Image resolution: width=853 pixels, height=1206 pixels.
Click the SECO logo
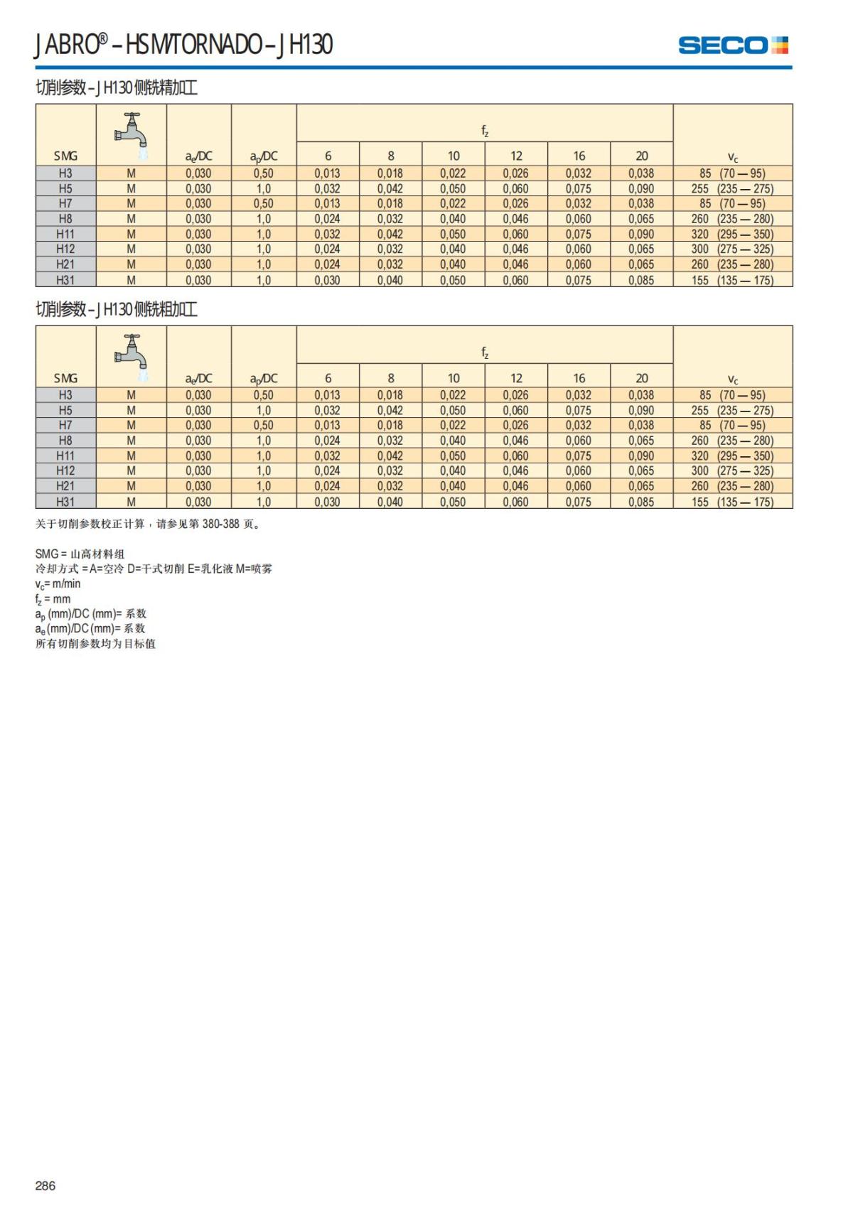[x=733, y=45]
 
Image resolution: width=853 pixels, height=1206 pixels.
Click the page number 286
[x=45, y=1185]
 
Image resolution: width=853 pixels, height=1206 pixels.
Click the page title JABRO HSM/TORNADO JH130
[x=184, y=45]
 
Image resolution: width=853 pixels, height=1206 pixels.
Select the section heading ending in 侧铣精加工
[x=117, y=88]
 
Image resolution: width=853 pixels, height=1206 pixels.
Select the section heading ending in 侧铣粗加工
[x=117, y=309]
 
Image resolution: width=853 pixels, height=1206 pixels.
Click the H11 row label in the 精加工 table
[x=65, y=234]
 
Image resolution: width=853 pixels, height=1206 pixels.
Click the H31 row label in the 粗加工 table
[x=65, y=501]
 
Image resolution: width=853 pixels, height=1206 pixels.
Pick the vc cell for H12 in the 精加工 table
[x=732, y=249]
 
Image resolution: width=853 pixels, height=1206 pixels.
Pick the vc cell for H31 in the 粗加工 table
[x=732, y=501]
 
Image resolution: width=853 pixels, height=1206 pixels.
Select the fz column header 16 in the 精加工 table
[x=579, y=156]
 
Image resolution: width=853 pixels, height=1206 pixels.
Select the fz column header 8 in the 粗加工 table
[x=390, y=378]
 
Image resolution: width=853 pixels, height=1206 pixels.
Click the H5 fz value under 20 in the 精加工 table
[x=641, y=188]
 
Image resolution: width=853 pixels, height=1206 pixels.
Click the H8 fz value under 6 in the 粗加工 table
[x=328, y=441]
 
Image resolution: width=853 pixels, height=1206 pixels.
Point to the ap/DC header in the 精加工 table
[x=263, y=156]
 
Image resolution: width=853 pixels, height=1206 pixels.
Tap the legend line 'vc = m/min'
[x=58, y=583]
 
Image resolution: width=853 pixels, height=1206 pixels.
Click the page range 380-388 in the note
[x=220, y=524]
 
